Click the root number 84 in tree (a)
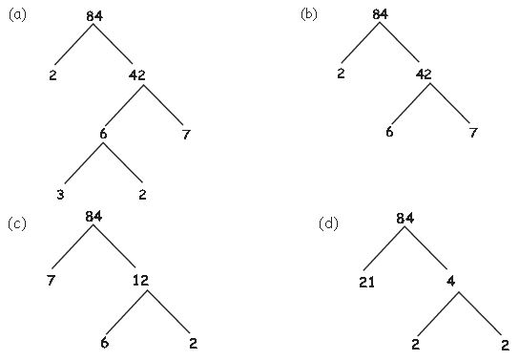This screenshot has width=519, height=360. point(93,16)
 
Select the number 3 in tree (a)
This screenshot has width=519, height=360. point(59,196)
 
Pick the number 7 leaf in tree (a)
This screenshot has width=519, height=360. point(185,134)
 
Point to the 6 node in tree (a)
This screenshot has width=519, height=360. point(103,134)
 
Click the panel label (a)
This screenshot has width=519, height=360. point(17,14)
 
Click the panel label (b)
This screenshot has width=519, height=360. point(309,14)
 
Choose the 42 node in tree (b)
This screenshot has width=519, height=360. point(426,74)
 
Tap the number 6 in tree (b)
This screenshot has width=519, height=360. point(389,132)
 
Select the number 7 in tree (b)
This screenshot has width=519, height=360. point(471,132)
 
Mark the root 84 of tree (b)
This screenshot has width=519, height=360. point(381,14)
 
